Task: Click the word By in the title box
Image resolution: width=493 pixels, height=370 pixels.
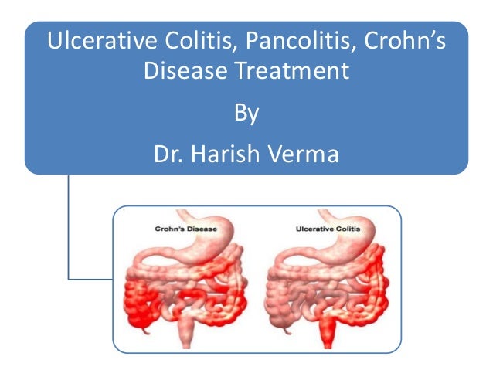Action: point(246,115)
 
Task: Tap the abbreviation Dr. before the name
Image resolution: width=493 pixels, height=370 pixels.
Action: point(168,154)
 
